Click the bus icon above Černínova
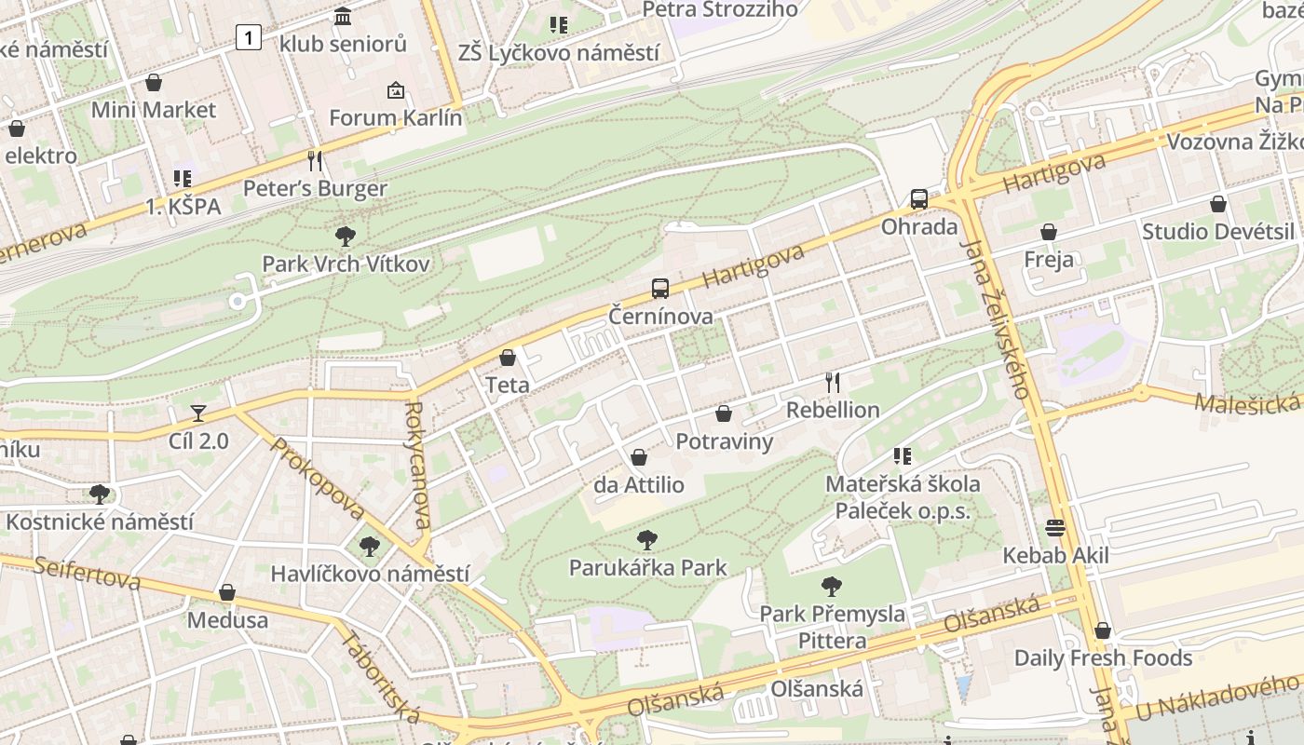click(x=660, y=289)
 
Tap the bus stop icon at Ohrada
click(x=919, y=199)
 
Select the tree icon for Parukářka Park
click(x=646, y=540)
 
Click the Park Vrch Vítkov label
click(x=346, y=264)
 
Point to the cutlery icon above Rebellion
click(x=833, y=382)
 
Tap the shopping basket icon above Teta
click(x=508, y=358)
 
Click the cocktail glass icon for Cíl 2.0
click(x=197, y=413)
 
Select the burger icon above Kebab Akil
click(x=1055, y=528)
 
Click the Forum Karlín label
click(x=396, y=118)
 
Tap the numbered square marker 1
click(x=249, y=37)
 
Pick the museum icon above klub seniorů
click(x=343, y=17)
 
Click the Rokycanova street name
click(x=418, y=465)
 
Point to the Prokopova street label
click(x=318, y=481)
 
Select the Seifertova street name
click(x=88, y=573)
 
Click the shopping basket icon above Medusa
click(x=226, y=592)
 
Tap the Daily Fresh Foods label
click(x=1103, y=658)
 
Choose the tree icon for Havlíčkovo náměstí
click(x=370, y=547)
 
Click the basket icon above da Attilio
click(x=639, y=457)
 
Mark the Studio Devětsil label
click(x=1218, y=232)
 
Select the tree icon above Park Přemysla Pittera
click(x=832, y=587)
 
